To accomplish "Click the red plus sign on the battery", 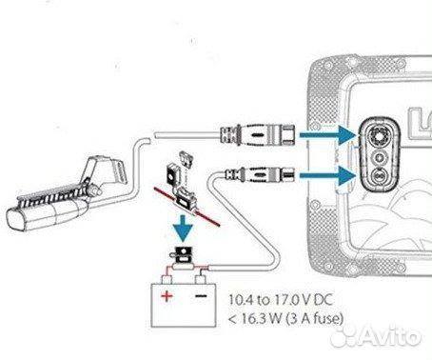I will [x=166, y=296].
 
